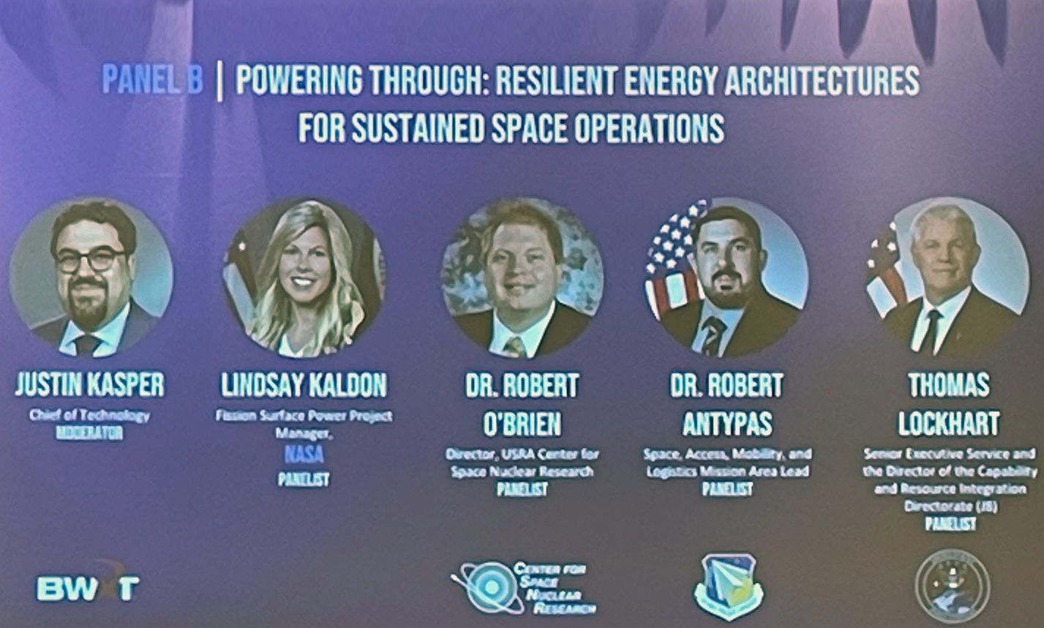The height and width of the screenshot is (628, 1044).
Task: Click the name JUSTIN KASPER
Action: point(90,385)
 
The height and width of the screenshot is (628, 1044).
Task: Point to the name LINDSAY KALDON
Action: point(304,385)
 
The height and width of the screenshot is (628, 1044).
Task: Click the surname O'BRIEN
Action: point(522,423)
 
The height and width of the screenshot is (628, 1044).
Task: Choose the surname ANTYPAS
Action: point(726,423)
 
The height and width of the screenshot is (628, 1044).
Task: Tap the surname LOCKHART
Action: point(949,423)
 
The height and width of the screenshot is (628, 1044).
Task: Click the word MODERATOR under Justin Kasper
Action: point(89,433)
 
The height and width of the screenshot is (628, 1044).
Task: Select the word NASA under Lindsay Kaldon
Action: point(304,455)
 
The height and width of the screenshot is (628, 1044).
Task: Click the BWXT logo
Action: point(88,587)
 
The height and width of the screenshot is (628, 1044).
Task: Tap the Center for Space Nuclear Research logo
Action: point(524,587)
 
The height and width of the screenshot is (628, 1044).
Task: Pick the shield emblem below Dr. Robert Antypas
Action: point(728,586)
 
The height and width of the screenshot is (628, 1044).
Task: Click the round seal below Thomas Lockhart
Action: point(953,586)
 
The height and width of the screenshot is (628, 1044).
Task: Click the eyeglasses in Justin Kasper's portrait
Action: point(90,260)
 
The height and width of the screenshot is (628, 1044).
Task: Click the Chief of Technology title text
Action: point(89,415)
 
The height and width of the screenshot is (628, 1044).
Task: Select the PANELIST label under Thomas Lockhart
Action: point(950,523)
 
